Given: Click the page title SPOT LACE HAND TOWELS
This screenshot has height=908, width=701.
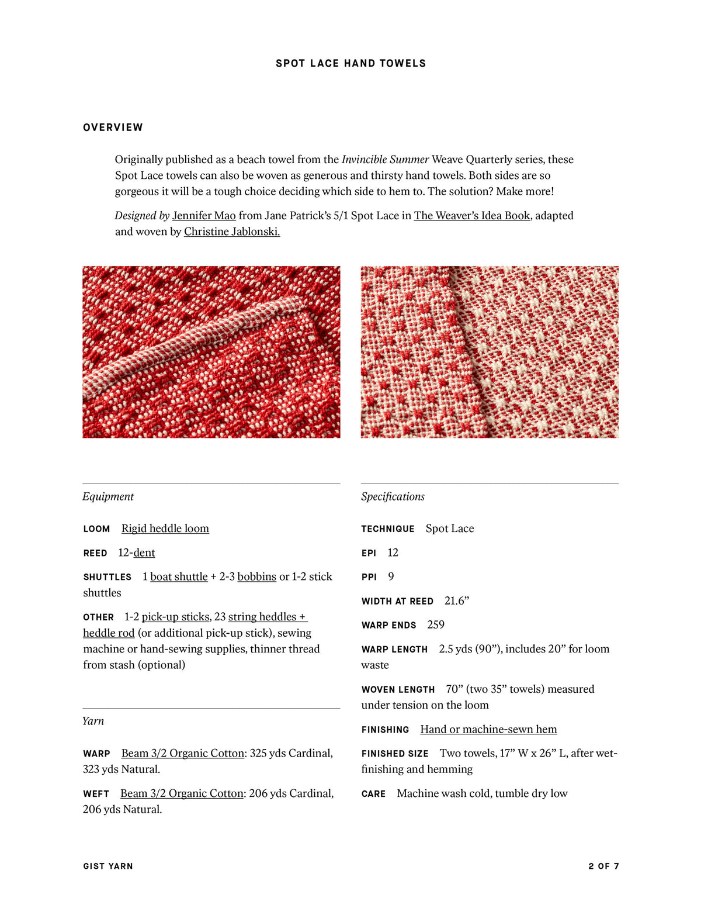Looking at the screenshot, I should pos(350,63).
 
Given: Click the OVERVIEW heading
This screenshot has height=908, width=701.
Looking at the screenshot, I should pos(113,127).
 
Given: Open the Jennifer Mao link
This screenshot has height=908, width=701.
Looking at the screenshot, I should pos(204,216).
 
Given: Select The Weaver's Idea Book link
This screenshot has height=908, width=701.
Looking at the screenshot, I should pos(471,216).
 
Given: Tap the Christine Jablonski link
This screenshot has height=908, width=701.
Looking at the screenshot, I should pos(232,232).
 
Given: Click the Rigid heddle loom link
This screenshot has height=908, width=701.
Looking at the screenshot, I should pos(165,529).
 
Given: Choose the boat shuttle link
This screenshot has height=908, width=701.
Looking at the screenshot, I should pos(179,576).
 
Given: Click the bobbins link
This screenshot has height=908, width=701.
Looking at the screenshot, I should pos(256,576).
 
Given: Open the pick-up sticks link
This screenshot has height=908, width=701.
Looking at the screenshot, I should pos(175,617).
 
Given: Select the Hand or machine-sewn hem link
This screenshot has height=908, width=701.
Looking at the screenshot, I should pos(488,729).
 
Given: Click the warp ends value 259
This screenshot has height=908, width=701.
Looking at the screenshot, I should pos(436,625).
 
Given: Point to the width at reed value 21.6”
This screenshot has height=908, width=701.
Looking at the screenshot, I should pos(457,601).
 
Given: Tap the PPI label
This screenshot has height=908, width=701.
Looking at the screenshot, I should pos(369,577).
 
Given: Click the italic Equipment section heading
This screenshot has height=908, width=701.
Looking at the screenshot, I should pos(108,496).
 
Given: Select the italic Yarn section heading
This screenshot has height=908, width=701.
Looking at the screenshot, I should pos(93,721).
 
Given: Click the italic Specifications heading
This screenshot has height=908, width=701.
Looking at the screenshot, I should pos(393,496).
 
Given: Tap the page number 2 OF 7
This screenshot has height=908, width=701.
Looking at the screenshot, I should pos(603,866).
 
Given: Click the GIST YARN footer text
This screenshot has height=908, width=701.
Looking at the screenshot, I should pos(108,866).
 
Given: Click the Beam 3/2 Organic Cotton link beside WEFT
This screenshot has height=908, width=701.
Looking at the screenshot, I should pos(182,793).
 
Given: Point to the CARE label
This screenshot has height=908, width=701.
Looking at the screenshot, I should pos(373,794).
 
